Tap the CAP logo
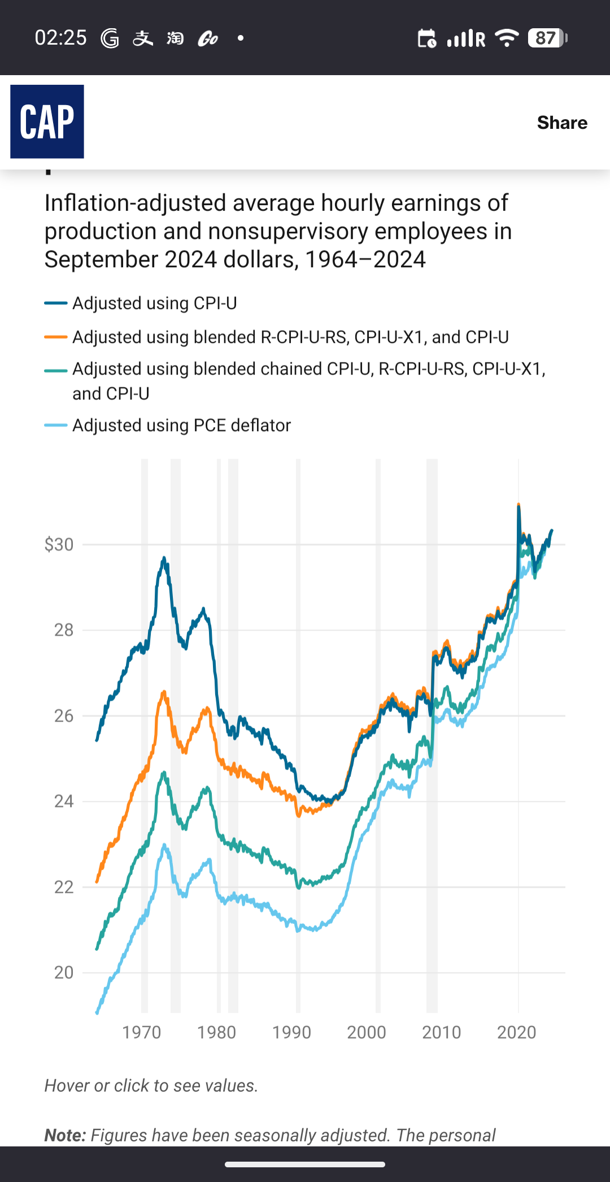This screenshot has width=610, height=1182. [47, 121]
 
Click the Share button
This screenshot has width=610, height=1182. [562, 123]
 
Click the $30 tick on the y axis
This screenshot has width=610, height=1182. [59, 545]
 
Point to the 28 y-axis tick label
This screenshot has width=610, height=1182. [64, 630]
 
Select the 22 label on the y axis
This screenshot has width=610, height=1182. [64, 887]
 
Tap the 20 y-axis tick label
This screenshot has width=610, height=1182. [64, 972]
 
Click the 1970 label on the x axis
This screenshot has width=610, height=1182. [142, 1032]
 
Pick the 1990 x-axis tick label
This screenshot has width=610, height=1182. [291, 1032]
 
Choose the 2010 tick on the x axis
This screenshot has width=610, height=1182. [442, 1032]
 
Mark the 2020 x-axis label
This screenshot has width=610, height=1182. [516, 1032]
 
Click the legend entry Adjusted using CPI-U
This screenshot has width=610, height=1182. [154, 303]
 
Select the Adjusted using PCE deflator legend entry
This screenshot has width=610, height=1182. [181, 425]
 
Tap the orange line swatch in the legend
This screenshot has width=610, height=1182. [56, 337]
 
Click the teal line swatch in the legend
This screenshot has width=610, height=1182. [56, 370]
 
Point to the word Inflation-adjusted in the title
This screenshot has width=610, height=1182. [136, 203]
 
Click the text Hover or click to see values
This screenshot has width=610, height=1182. [151, 1085]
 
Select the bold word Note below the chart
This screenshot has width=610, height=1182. [65, 1135]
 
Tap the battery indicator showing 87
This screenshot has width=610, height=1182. [547, 38]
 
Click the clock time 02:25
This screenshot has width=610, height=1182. [60, 38]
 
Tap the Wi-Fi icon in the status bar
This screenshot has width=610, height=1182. [507, 38]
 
